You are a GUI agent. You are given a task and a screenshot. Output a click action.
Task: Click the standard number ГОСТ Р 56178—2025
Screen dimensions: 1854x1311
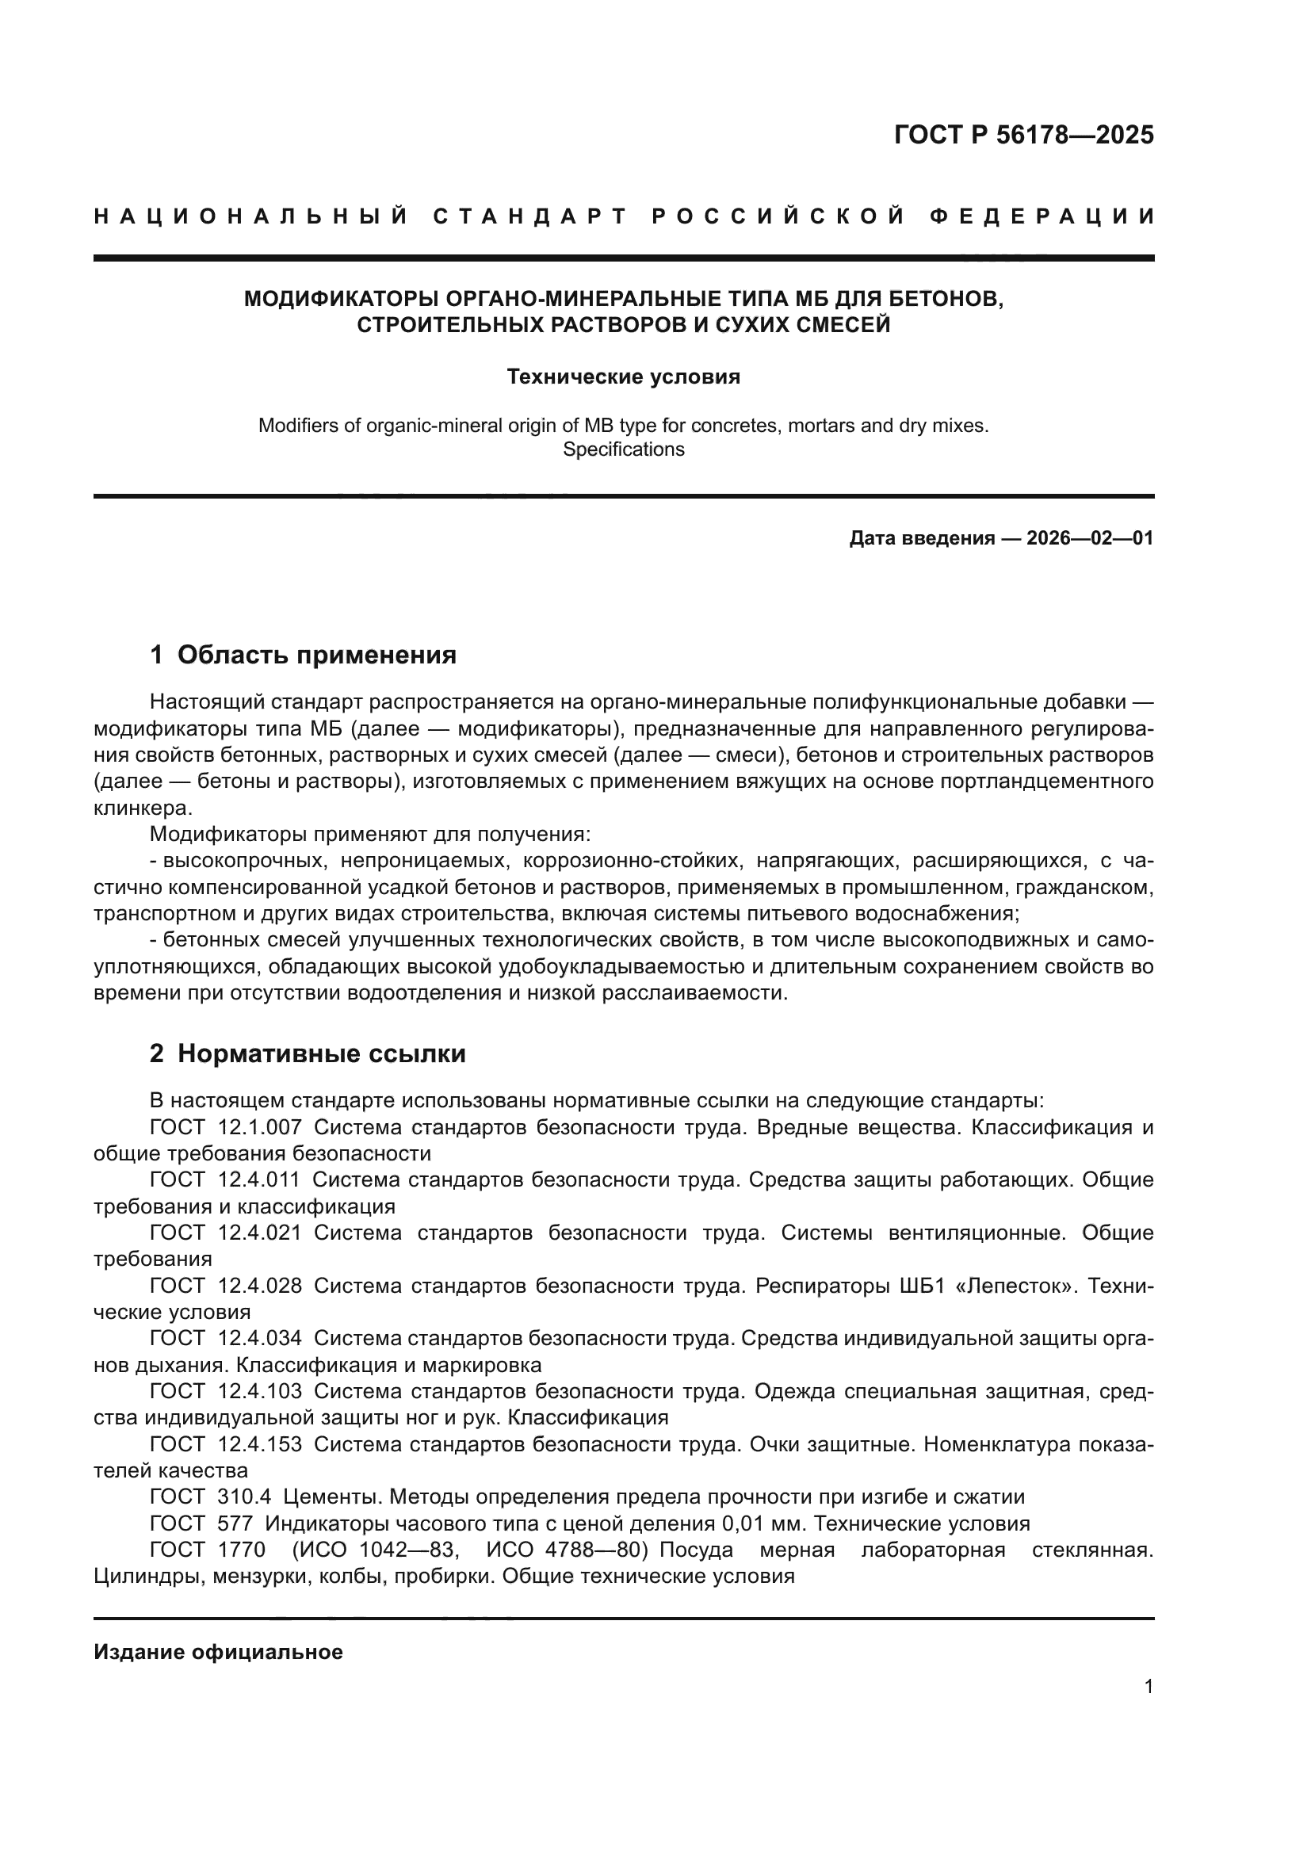click(x=1023, y=135)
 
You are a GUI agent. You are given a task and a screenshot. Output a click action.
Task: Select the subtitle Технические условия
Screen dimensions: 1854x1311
click(x=623, y=377)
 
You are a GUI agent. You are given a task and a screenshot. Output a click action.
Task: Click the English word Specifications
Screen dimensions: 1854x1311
click(x=623, y=449)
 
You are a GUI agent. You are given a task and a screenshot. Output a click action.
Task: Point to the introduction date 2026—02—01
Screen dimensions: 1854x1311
click(x=1090, y=537)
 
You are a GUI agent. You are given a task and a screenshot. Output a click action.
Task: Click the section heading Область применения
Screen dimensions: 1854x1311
click(x=316, y=655)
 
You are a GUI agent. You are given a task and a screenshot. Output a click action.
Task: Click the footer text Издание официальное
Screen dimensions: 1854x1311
click(x=218, y=1652)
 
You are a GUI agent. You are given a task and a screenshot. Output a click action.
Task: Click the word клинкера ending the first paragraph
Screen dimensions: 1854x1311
click(x=141, y=808)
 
